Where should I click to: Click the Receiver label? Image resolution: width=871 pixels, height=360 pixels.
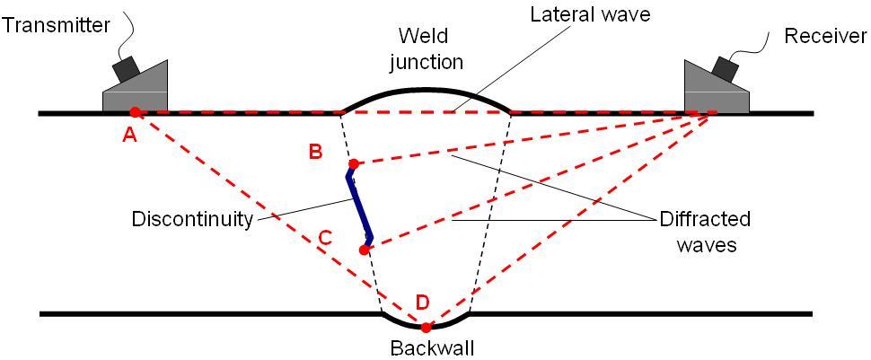[825, 36]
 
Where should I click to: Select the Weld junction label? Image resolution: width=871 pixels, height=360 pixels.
[433, 49]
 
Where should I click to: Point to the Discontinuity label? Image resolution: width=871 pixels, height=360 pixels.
[192, 219]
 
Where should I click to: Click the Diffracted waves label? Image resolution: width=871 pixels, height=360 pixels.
[705, 232]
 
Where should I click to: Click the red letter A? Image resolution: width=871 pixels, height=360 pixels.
[129, 135]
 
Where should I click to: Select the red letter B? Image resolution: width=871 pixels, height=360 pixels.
[316, 151]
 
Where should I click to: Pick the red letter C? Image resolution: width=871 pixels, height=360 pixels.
[325, 238]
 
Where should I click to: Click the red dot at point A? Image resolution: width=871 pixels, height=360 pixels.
[135, 112]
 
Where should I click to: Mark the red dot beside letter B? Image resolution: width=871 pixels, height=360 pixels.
[354, 163]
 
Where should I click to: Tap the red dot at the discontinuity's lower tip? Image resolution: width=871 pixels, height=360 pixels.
[364, 250]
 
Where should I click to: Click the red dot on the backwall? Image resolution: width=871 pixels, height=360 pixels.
[426, 327]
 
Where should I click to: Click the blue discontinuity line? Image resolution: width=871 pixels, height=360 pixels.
[358, 206]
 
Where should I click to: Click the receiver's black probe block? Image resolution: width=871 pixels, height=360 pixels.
[723, 66]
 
